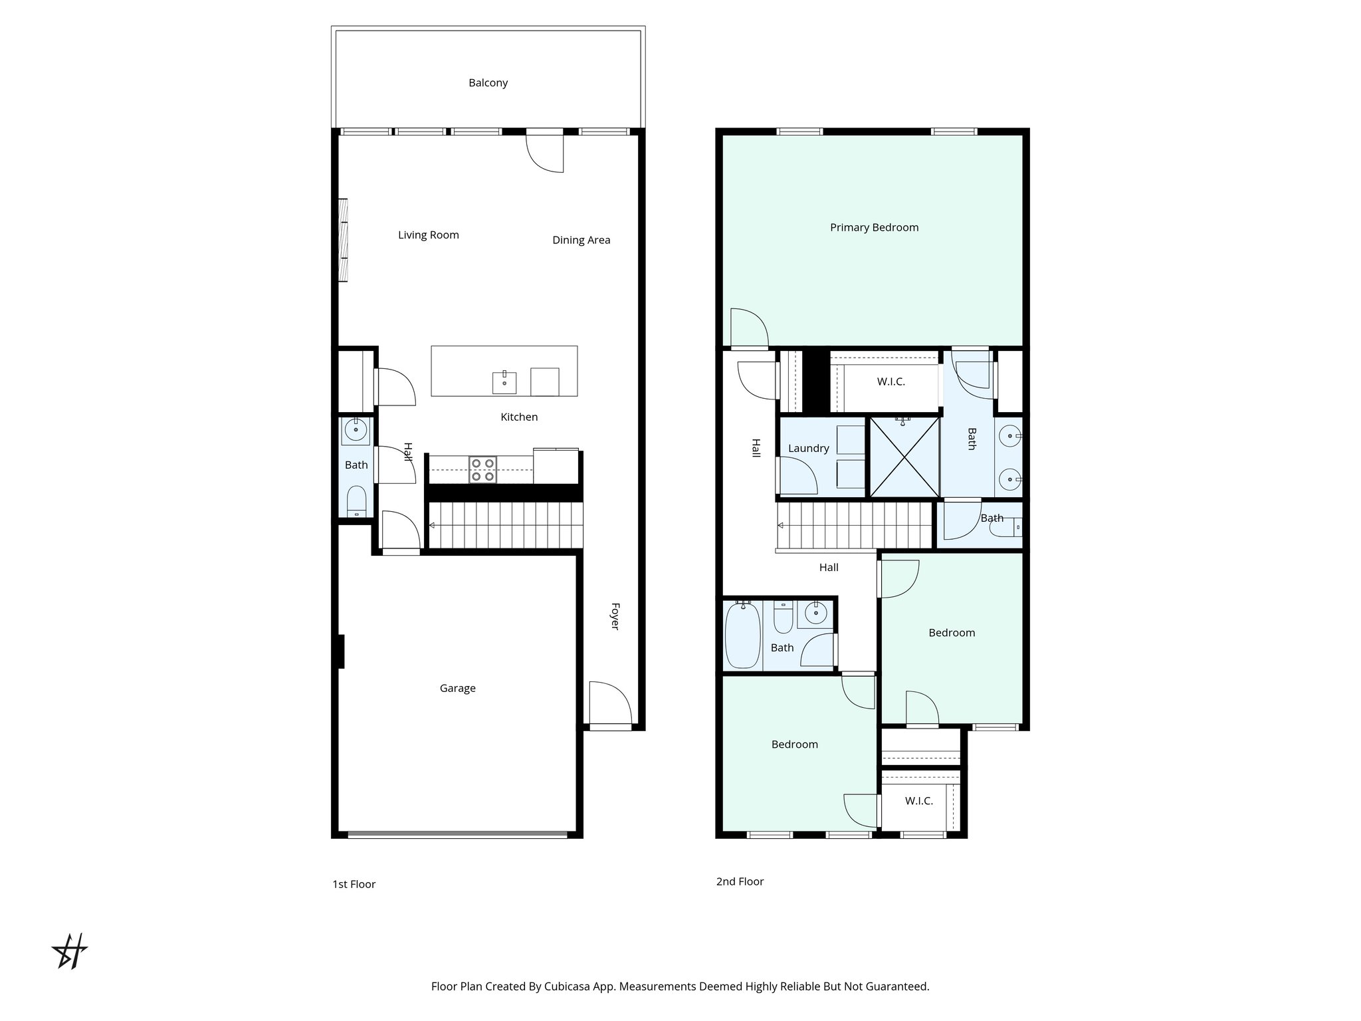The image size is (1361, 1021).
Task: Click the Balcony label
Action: point(488,83)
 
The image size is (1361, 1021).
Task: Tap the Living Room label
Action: point(428,235)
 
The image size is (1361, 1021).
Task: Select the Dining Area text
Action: point(581,240)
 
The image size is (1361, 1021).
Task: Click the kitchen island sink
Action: point(504,382)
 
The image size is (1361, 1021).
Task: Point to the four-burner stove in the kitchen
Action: point(482,469)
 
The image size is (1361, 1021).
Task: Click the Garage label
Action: point(457,689)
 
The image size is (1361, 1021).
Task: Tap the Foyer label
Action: point(615,616)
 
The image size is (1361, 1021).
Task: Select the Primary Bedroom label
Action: point(874,227)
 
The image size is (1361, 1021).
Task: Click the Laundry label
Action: point(808,448)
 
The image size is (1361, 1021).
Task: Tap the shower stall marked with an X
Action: point(904,457)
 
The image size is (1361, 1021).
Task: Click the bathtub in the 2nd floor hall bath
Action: point(742,635)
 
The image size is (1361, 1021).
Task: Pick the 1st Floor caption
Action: point(354,884)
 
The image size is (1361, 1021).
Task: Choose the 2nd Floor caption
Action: point(740,881)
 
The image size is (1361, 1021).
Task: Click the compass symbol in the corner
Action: point(70,952)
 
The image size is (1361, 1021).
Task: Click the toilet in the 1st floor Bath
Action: point(357,501)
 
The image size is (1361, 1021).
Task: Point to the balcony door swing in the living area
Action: point(546,152)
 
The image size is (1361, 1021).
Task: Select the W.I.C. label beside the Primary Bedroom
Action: point(890,382)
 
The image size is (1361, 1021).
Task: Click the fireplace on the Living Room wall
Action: point(343,240)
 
